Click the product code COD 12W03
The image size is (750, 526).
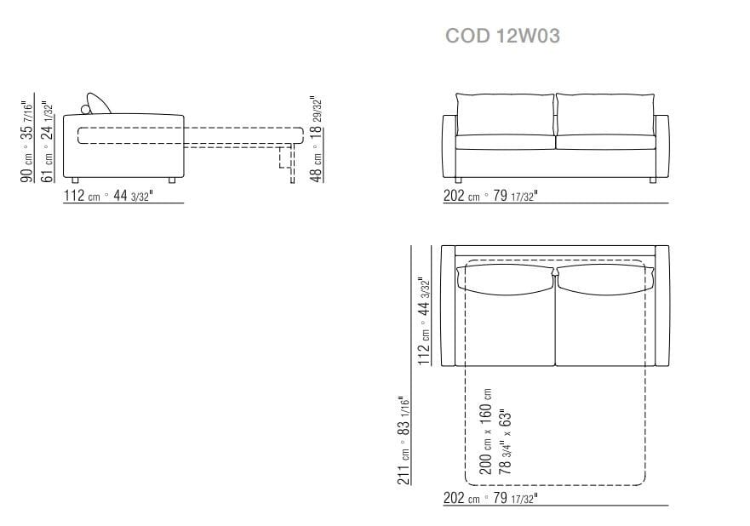pos(502,36)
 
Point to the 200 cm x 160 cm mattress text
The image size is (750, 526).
pos(485,432)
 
